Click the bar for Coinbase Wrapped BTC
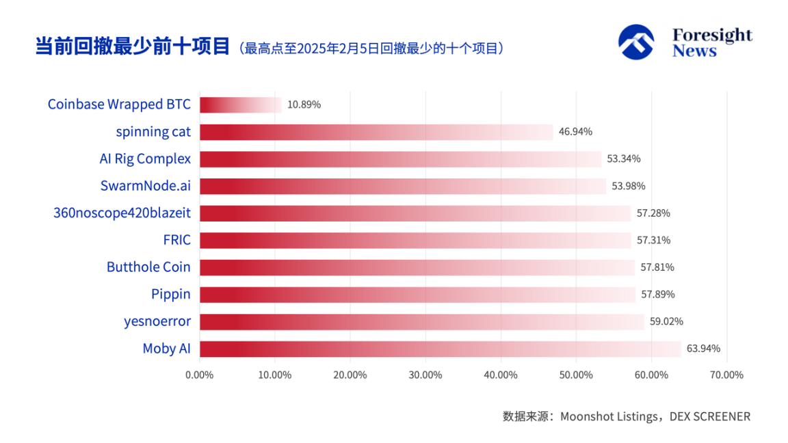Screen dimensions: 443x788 coord(240,105)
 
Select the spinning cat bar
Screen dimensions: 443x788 coord(376,132)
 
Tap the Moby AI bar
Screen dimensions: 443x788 coord(440,349)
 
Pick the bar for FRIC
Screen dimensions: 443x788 coord(415,240)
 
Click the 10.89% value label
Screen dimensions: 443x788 coord(304,105)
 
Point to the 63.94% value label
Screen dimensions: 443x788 coord(703,349)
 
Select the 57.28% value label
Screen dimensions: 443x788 coord(653,213)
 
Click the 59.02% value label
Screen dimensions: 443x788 coord(666,321)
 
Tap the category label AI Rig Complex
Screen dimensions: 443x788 coord(145,159)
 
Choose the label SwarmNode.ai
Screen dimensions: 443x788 coord(144,186)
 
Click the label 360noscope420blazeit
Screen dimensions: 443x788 coord(122,213)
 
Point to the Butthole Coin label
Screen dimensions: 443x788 coord(148,267)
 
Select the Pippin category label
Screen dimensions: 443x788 coord(171,294)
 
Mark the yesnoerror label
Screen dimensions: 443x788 coord(157,321)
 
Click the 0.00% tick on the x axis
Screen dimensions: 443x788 coord(200,375)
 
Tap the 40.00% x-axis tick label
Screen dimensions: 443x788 coord(501,375)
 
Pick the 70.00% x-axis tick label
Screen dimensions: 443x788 coord(726,375)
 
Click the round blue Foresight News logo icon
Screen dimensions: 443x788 coord(636,42)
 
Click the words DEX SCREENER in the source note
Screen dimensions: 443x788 coord(709,416)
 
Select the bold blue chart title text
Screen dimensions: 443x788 coord(132,46)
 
